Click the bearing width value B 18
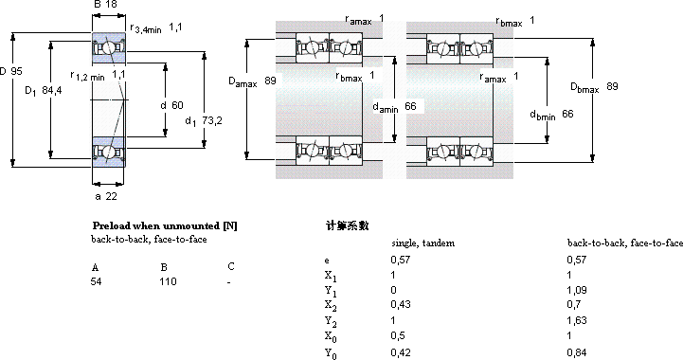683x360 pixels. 105,5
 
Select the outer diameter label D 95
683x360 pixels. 10,71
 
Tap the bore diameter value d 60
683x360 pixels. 172,105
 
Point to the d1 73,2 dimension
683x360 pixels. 204,120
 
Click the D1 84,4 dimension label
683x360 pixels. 44,91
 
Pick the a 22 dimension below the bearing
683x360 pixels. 106,196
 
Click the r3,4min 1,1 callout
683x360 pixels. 156,27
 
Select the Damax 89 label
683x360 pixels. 252,81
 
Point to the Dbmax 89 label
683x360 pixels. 594,87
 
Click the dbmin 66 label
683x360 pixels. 551,115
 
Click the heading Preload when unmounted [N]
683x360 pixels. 165,225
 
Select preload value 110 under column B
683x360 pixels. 168,281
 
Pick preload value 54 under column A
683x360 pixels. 97,281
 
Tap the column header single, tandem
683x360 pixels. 422,243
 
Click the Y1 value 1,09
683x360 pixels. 577,290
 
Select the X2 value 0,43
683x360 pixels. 401,304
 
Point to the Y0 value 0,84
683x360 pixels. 577,352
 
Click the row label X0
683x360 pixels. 331,337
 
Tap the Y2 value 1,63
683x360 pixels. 577,320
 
